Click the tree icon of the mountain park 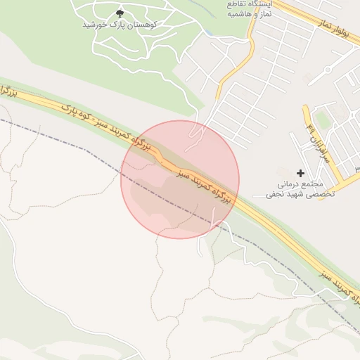tap(119, 13)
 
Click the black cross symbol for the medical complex tap(301, 172)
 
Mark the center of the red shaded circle tap(180, 179)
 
